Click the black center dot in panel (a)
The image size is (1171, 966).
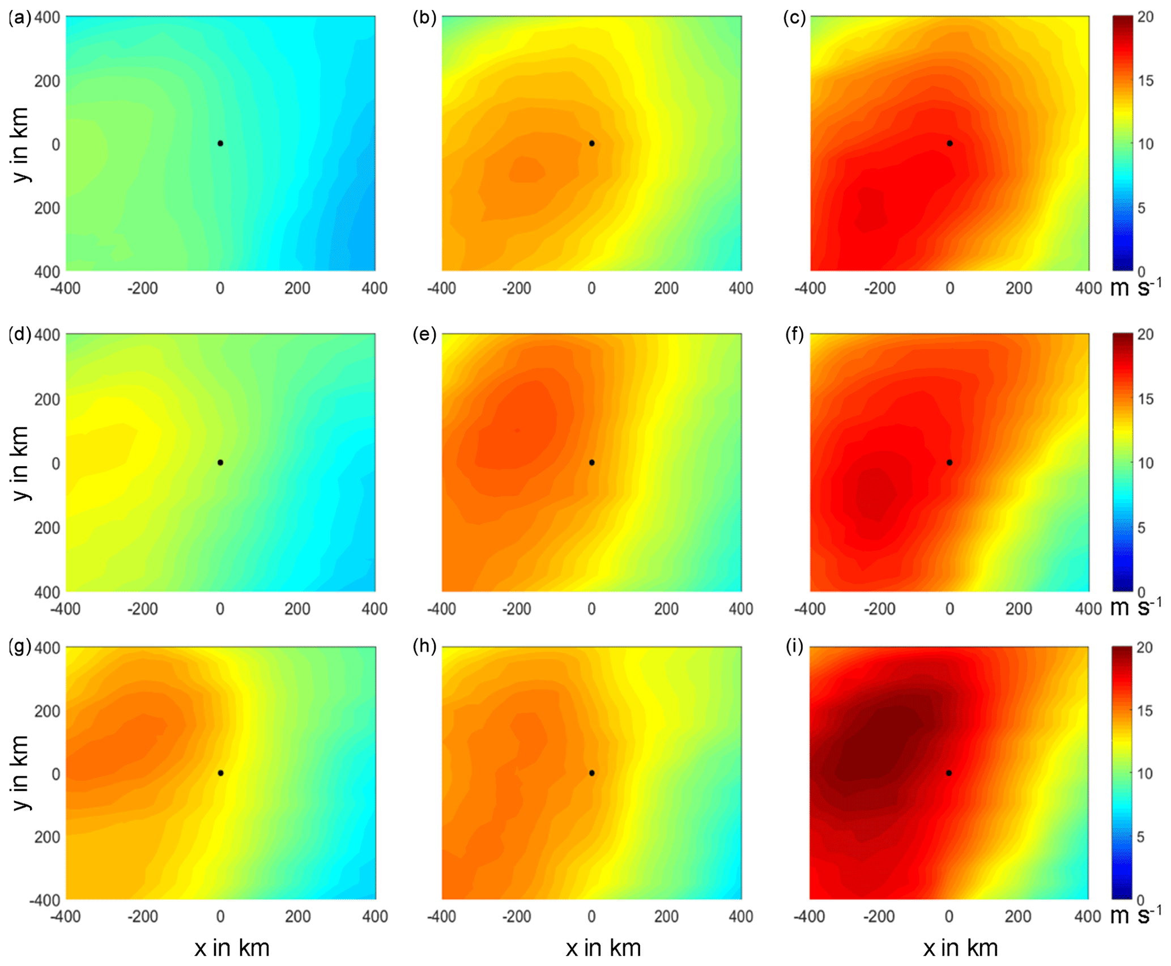220,143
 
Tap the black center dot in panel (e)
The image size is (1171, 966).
591,462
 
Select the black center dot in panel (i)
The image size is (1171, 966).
949,773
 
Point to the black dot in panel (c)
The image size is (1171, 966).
949,143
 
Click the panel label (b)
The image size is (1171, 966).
424,18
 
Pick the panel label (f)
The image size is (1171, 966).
794,335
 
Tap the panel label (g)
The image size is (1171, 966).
20,646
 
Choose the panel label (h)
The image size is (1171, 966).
424,646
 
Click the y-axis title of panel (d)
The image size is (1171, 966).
20,463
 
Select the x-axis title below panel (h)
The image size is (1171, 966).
603,948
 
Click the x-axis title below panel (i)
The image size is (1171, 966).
960,948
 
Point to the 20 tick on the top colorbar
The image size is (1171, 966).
1145,17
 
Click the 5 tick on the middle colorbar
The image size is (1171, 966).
1141,527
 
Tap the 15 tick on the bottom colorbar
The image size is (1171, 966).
1145,710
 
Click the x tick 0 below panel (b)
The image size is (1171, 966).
591,288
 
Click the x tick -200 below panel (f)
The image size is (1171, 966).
879,609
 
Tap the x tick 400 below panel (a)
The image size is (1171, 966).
374,288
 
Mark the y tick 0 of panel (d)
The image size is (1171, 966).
56,463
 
